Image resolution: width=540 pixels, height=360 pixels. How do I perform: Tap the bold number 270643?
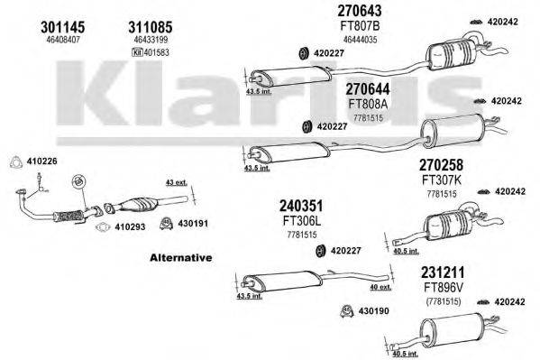click(359, 12)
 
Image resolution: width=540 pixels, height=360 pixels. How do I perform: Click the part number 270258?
click(441, 165)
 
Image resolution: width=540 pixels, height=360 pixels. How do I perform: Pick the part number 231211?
click(442, 271)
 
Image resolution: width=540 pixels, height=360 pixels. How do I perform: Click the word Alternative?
click(181, 258)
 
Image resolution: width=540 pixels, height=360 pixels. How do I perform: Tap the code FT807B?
click(360, 26)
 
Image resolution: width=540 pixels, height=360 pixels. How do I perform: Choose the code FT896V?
click(442, 286)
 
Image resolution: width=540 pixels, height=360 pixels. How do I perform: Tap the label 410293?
click(132, 228)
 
